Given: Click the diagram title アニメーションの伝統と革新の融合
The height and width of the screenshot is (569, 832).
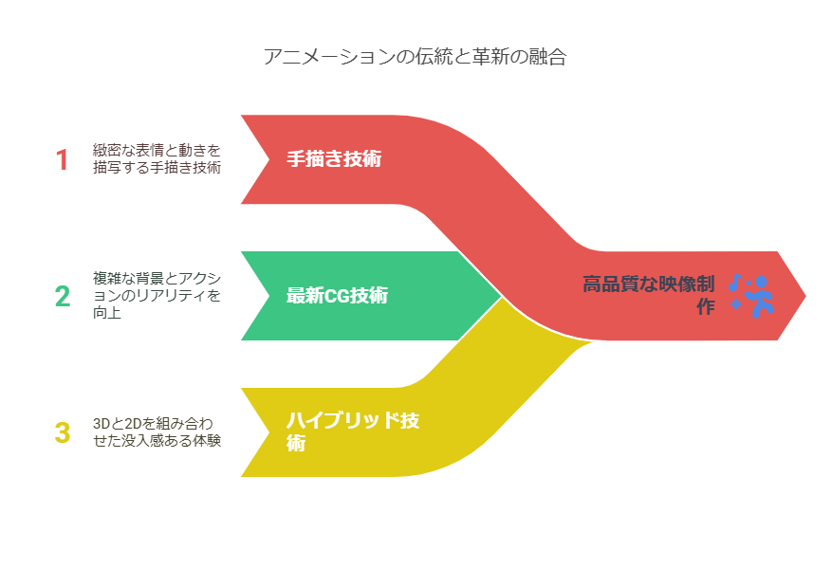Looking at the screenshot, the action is [415, 56].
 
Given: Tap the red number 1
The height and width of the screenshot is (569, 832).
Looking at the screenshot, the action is [63, 159].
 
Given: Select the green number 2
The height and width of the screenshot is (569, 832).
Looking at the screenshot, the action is [63, 296].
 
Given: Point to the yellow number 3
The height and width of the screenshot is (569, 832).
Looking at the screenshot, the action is [63, 432].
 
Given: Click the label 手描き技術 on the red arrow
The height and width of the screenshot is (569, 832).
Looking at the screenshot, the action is [334, 158].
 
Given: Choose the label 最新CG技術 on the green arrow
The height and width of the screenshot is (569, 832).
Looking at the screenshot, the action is [337, 295].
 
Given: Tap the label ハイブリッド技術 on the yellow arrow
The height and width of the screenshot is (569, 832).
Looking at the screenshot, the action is [353, 431].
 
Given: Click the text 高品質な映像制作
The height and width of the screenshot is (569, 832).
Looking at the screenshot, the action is [648, 295].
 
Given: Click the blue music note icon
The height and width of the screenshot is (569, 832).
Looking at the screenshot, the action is [734, 283].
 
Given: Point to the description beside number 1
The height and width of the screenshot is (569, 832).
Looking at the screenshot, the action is [157, 158].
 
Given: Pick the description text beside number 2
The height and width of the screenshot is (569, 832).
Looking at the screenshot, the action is [157, 295].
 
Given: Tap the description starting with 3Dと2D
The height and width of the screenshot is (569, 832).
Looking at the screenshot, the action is [157, 431].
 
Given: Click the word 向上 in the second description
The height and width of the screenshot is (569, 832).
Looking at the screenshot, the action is [107, 312].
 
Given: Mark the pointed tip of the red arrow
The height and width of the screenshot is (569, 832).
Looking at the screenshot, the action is [805, 296].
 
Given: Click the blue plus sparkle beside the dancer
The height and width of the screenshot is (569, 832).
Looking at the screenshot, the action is [736, 304].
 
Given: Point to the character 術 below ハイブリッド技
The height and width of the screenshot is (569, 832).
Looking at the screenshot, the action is [296, 443].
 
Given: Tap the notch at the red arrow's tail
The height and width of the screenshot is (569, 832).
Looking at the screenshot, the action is [269, 159].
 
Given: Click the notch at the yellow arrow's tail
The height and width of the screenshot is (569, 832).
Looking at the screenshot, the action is [269, 432].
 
